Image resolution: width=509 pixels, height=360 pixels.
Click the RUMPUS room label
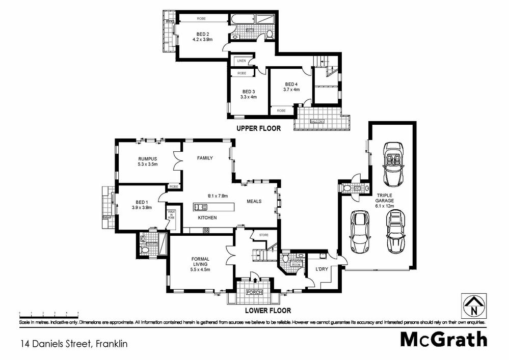tap(148, 158)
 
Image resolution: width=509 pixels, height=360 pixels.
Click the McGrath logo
tap(443, 339)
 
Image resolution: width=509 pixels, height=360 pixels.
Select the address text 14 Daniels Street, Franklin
tap(73, 344)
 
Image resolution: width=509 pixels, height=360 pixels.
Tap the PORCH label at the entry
tap(254, 292)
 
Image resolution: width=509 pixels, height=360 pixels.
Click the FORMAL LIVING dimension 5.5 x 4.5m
tap(201, 270)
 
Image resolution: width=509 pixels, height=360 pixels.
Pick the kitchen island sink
tap(200, 207)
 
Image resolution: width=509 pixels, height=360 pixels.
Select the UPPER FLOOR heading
tap(258, 129)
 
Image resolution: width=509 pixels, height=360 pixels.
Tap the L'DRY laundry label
tap(321, 268)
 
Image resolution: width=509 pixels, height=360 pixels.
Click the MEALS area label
tap(254, 201)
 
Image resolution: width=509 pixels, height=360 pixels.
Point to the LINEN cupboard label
tap(242, 61)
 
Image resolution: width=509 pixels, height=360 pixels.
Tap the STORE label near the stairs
tap(263, 235)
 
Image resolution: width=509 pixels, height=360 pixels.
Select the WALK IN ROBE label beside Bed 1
tap(171, 214)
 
